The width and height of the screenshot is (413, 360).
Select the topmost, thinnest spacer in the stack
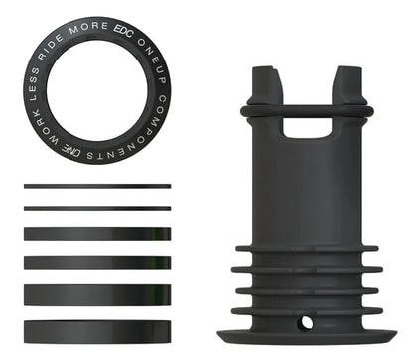(96, 187)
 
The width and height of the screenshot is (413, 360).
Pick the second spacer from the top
(96, 208)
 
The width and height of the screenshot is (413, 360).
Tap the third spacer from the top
(96, 234)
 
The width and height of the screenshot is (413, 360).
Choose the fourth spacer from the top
(96, 263)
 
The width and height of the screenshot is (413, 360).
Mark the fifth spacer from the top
(96, 295)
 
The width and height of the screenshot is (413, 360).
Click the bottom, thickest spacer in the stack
(96, 330)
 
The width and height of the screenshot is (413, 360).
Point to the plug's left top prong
(262, 84)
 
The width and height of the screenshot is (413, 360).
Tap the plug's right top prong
(346, 84)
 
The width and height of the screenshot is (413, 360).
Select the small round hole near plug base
(306, 322)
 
